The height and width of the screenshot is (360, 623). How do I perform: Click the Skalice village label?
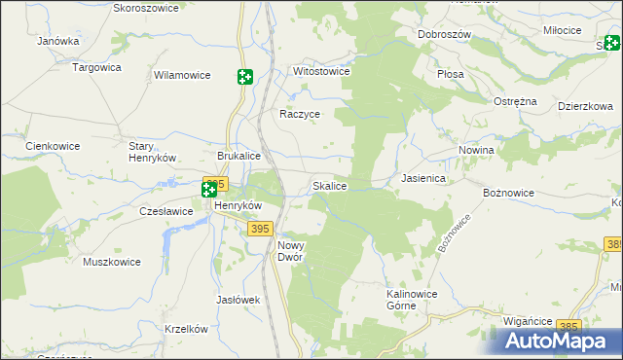pos(328,185)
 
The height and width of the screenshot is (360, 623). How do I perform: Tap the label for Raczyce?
pos(300,114)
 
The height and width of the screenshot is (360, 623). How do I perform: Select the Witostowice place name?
pos(322,72)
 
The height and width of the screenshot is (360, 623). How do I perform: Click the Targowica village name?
pos(96,67)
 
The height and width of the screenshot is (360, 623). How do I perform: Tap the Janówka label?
pos(57,42)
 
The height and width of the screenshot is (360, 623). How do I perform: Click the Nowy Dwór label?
pos(291,251)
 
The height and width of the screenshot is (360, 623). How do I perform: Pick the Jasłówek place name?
pos(238,300)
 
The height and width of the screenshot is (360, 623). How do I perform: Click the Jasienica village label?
pos(423,179)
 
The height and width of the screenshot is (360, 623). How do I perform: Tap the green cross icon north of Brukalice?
pos(244,77)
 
